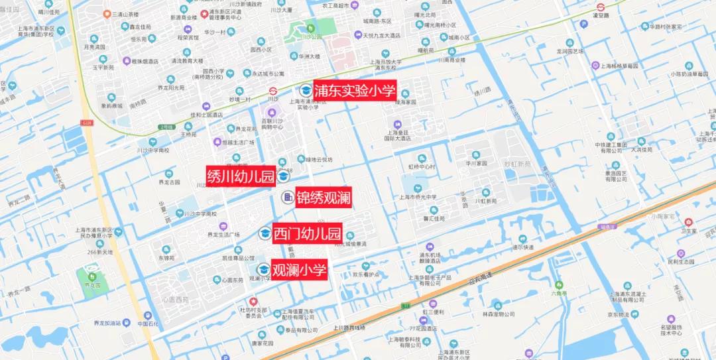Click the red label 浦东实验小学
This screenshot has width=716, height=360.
[x=355, y=91]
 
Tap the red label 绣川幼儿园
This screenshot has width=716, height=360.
[x=241, y=176]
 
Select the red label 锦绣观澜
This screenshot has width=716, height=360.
[x=323, y=197]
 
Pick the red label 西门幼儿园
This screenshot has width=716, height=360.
[x=307, y=233]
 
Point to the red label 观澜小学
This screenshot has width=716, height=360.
[x=300, y=270]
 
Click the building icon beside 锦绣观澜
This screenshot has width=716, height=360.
[x=288, y=197]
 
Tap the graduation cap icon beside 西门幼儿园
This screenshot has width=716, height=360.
[x=265, y=233]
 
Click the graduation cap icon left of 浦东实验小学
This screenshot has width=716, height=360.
[x=306, y=91]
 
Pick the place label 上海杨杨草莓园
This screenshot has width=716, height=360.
[x=623, y=66]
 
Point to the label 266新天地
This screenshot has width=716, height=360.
[x=100, y=252]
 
